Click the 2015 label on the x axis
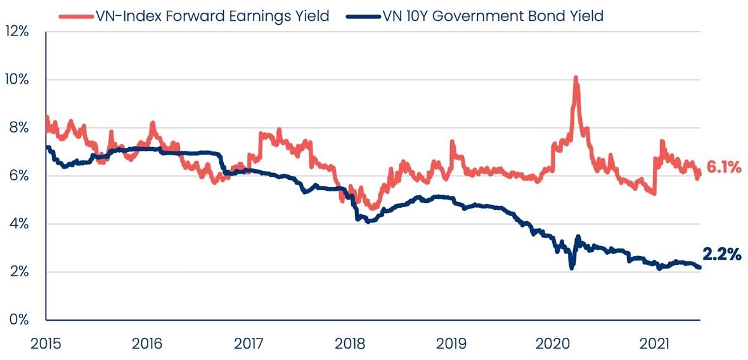(46, 344)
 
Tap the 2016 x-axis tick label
(147, 344)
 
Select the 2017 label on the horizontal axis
(248, 344)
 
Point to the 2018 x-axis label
(349, 344)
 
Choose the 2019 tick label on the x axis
(451, 344)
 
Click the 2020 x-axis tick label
(553, 344)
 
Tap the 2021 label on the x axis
(654, 344)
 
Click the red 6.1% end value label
(725, 167)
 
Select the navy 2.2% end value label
(722, 255)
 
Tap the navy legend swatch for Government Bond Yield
(363, 16)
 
